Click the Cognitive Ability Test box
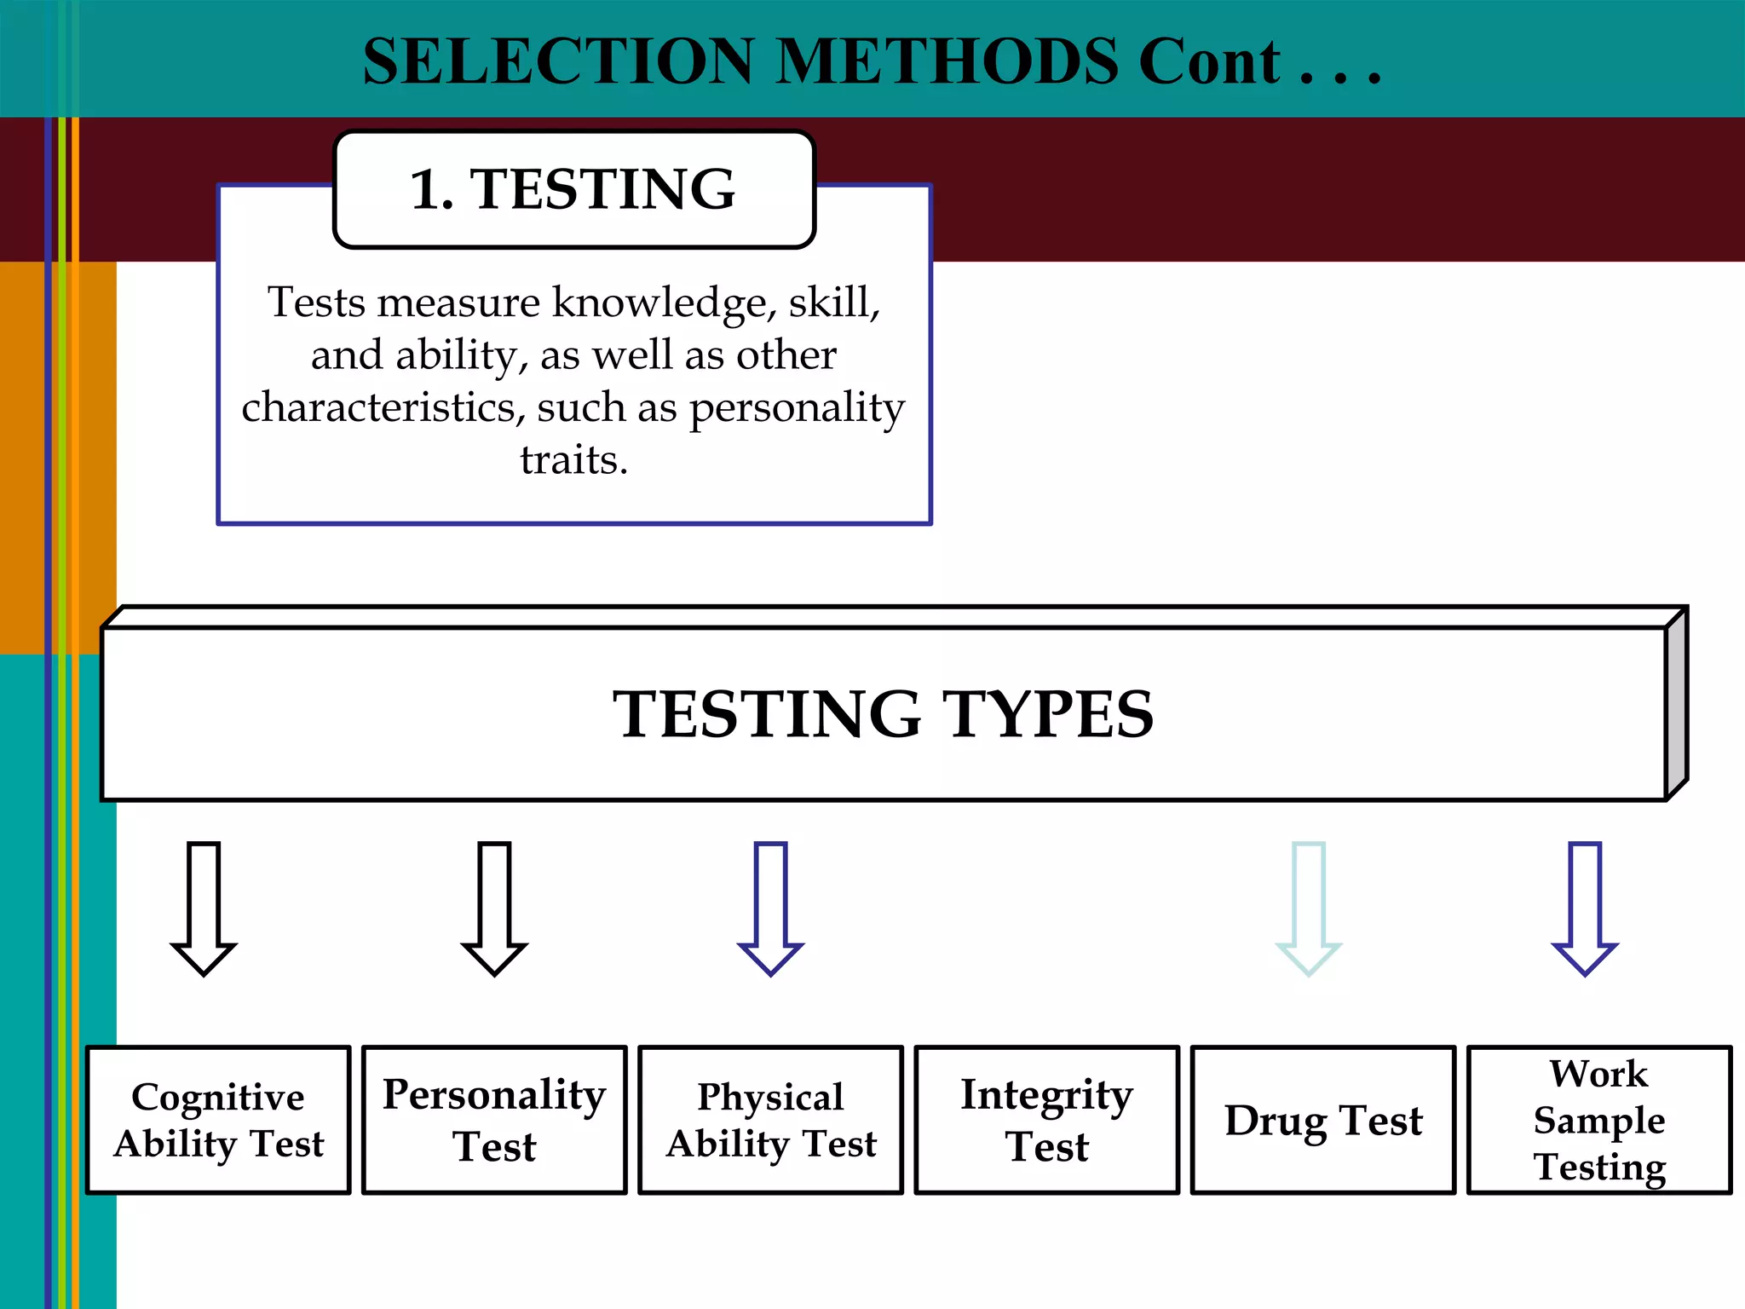click(218, 1120)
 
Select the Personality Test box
click(494, 1120)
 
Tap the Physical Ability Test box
click(770, 1120)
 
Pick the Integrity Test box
click(1046, 1120)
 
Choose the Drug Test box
click(1322, 1120)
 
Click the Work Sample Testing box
click(1599, 1120)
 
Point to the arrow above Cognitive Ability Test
click(204, 907)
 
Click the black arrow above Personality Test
click(494, 907)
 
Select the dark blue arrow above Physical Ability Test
click(770, 907)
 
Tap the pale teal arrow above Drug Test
click(1308, 907)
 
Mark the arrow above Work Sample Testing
click(1585, 907)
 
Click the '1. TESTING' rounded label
click(573, 189)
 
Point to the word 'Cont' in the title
click(1210, 61)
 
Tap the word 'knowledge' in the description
click(659, 303)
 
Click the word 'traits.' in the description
click(573, 460)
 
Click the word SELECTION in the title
click(558, 61)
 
